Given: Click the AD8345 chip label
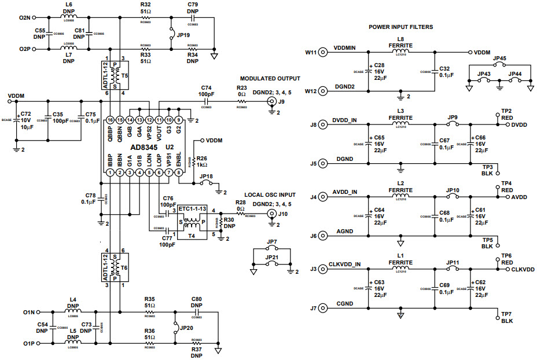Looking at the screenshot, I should pos(139,148).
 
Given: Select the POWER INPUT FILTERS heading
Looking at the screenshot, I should pos(400,27).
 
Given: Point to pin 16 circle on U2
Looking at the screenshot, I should pos(109,119).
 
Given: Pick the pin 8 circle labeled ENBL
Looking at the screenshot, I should pos(179,172).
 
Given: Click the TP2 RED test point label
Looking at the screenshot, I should pos(506,113).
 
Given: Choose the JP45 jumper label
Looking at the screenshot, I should pos(500,58).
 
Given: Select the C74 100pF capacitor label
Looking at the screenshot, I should pos(207,90).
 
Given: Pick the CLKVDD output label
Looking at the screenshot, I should pos(523,269).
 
